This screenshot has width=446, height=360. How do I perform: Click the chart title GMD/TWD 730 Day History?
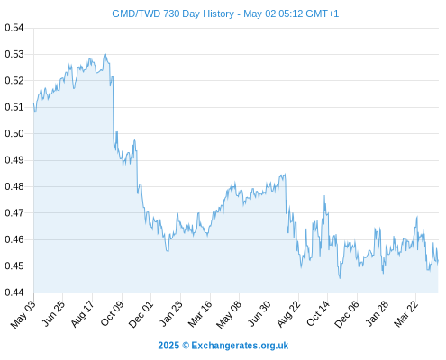tap(173, 13)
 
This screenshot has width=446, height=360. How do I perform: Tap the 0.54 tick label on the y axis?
tap(14, 28)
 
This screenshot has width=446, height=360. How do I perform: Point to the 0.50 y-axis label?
tap(14, 133)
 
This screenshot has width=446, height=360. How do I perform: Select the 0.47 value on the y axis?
tap(14, 213)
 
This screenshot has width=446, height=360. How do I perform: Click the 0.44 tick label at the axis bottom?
tap(14, 292)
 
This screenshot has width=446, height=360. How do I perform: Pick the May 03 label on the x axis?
tap(23, 314)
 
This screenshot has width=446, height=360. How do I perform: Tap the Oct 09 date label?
tap(112, 314)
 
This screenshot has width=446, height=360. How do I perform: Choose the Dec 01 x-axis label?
tap(141, 314)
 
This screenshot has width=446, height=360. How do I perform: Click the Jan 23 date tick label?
tap(171, 314)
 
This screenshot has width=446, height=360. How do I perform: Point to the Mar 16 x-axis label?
tap(200, 314)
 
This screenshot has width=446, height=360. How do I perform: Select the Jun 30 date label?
tap(259, 314)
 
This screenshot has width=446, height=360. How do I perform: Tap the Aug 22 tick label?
tap(288, 314)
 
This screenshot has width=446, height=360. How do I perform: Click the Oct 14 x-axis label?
tap(318, 314)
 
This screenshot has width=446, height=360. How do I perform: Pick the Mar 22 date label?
tap(406, 314)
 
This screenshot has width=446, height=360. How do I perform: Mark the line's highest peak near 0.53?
tap(105, 54)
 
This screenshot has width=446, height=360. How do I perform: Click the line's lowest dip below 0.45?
tap(340, 278)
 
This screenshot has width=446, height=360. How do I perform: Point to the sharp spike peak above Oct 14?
tap(324, 196)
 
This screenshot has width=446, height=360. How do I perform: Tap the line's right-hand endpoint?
tap(438, 262)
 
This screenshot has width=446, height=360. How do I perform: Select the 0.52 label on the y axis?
tap(14, 81)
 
